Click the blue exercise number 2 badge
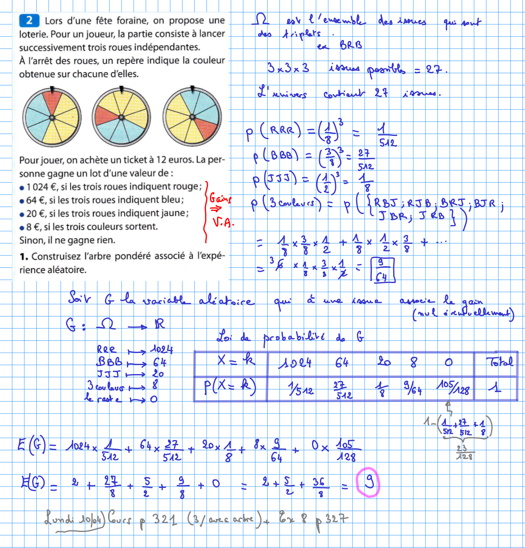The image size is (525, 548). click(x=29, y=21)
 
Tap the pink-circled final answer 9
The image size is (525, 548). click(x=368, y=482)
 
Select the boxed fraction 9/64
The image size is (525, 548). click(x=383, y=270)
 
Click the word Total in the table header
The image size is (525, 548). click(x=499, y=362)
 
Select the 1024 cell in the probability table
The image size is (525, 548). click(x=295, y=363)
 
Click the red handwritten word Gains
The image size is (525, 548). click(x=220, y=199)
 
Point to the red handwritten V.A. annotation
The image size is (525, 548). click(x=223, y=222)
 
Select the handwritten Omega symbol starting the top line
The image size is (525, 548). click(x=261, y=19)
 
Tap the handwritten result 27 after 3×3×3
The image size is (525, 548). click(x=434, y=69)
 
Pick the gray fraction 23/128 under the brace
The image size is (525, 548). click(x=464, y=452)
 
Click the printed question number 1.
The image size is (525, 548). click(x=24, y=257)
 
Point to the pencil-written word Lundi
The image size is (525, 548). click(x=60, y=519)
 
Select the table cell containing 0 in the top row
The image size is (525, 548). click(x=448, y=362)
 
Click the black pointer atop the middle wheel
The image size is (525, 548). click(x=121, y=89)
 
